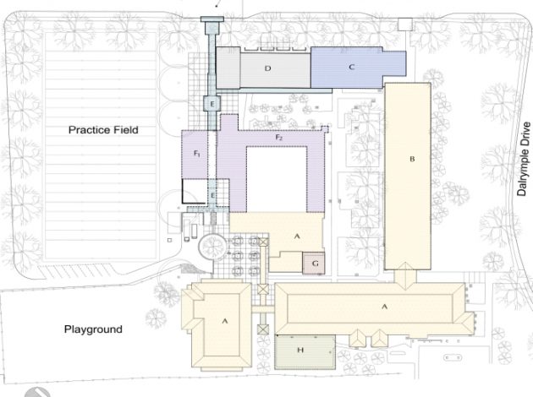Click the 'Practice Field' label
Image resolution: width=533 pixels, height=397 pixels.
[103, 130]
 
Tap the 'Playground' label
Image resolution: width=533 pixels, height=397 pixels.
[95, 329]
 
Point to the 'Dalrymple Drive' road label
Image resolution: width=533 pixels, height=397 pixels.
[525, 161]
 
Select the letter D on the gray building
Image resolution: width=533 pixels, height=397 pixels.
[266, 67]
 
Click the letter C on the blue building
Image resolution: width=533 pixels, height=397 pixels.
[351, 65]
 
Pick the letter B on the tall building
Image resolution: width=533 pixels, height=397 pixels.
[412, 159]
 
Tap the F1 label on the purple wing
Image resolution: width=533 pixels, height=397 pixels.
[196, 155]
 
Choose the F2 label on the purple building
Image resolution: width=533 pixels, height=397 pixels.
[278, 137]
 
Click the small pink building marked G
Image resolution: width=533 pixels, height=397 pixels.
[314, 264]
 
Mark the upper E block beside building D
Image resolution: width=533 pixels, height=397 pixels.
[213, 103]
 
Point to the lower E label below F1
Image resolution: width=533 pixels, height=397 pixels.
[212, 196]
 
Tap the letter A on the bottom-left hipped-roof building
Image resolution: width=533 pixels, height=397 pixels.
[225, 321]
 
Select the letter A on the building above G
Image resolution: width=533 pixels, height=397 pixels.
[296, 237]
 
